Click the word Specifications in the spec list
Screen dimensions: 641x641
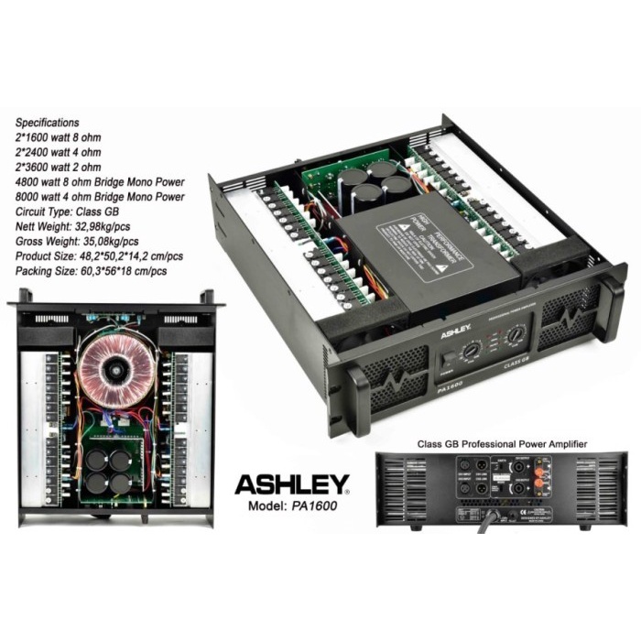49,122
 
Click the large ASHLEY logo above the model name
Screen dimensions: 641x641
292,483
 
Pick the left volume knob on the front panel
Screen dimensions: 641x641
473,349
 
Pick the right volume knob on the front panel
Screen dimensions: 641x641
517,335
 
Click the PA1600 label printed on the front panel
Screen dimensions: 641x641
451,388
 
